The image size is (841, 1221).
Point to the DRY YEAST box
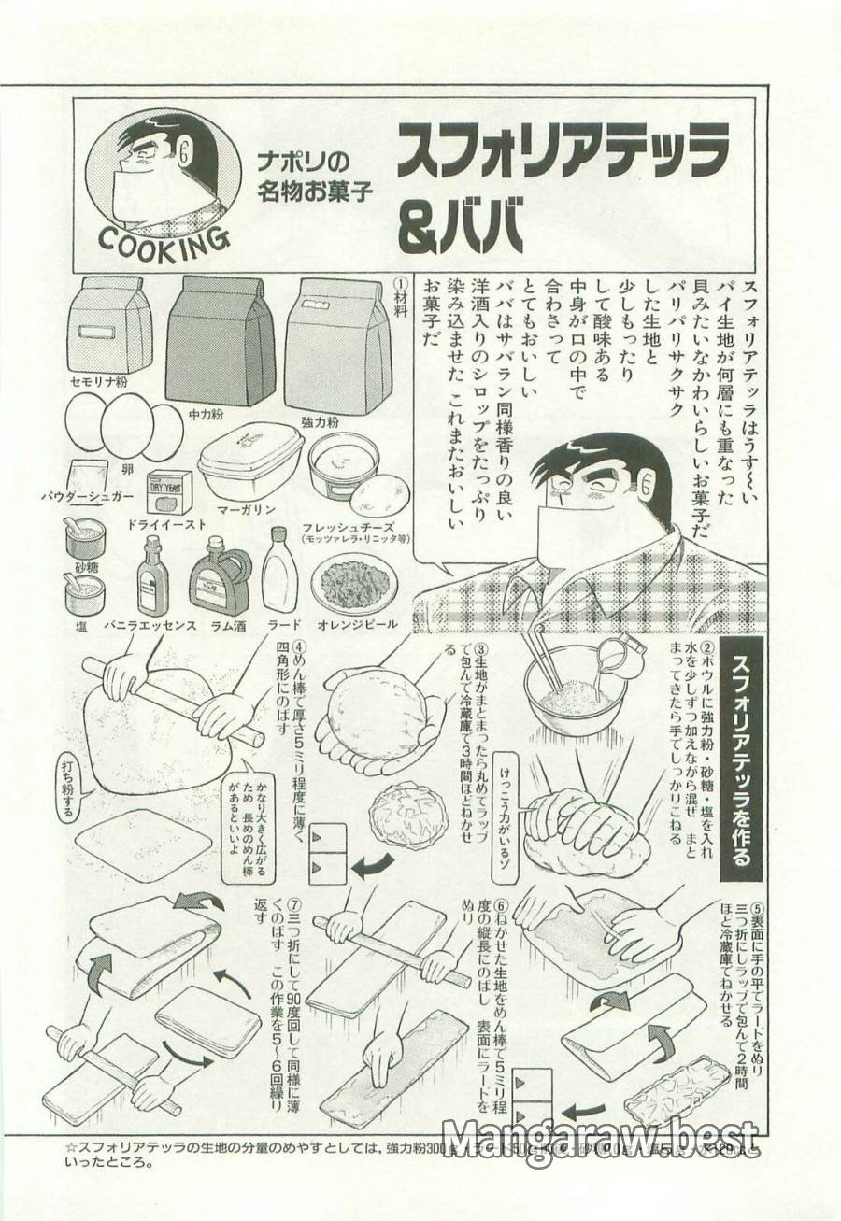point(169,491)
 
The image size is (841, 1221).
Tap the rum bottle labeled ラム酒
point(220,580)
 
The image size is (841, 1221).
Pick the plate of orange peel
point(356,585)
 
